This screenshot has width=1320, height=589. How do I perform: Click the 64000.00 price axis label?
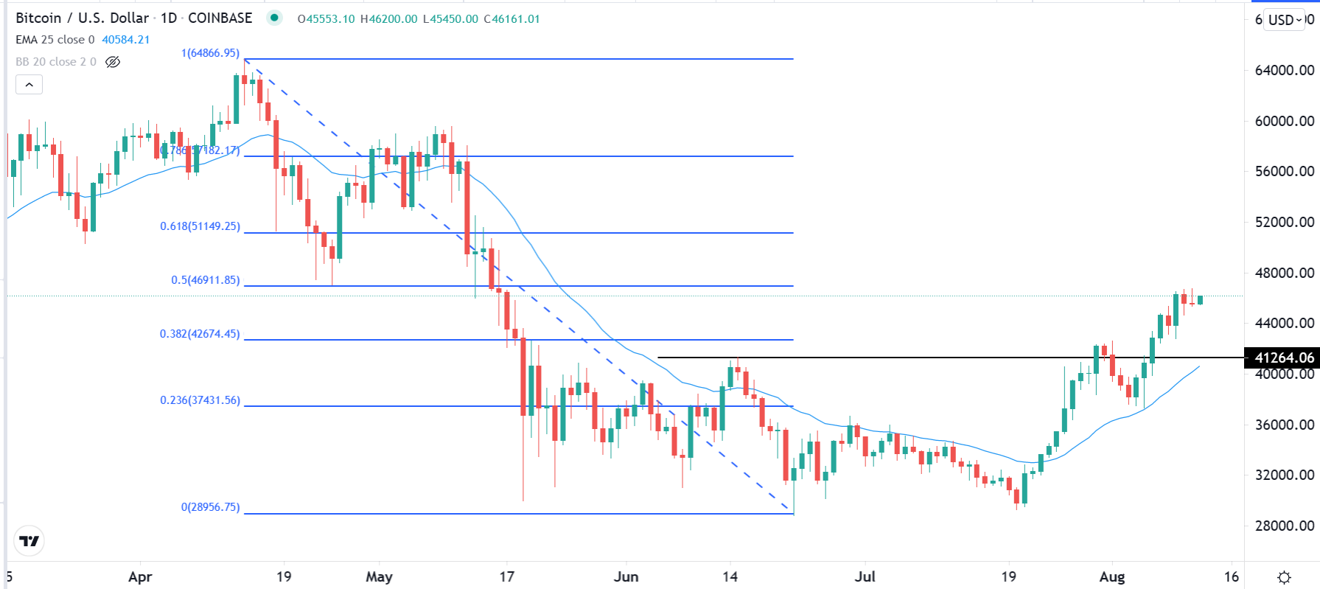pyautogui.click(x=1284, y=71)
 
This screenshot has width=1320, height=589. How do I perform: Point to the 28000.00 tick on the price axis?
pyautogui.click(x=1284, y=526)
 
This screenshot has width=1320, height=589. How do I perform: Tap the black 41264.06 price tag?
pyautogui.click(x=1283, y=358)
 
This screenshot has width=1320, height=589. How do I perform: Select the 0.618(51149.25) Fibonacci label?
pyautogui.click(x=200, y=226)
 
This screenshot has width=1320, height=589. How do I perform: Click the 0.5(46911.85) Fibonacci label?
pyautogui.click(x=205, y=280)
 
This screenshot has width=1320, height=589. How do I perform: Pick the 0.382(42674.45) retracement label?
pyautogui.click(x=200, y=334)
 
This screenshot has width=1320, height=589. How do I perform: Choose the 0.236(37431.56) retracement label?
pyautogui.click(x=200, y=400)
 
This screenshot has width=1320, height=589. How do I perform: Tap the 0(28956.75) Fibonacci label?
pyautogui.click(x=210, y=507)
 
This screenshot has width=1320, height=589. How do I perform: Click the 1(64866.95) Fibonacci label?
pyautogui.click(x=210, y=53)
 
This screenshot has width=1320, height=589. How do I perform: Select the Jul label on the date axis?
pyautogui.click(x=865, y=576)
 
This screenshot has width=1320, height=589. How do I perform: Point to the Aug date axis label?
pyautogui.click(x=1111, y=576)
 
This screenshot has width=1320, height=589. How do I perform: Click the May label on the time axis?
pyautogui.click(x=379, y=576)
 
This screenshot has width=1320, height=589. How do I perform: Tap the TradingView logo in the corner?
pyautogui.click(x=29, y=541)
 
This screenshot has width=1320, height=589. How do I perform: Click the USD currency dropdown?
pyautogui.click(x=1285, y=20)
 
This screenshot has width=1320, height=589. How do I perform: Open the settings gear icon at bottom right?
pyautogui.click(x=1284, y=577)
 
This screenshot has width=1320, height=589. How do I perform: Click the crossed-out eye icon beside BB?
pyautogui.click(x=113, y=62)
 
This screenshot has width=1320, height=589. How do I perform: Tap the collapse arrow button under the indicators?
pyautogui.click(x=29, y=85)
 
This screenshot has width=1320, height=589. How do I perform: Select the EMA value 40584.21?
pyautogui.click(x=125, y=40)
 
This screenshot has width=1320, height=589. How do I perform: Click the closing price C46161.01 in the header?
pyautogui.click(x=511, y=19)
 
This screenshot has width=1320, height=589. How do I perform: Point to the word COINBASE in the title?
pyautogui.click(x=220, y=18)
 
